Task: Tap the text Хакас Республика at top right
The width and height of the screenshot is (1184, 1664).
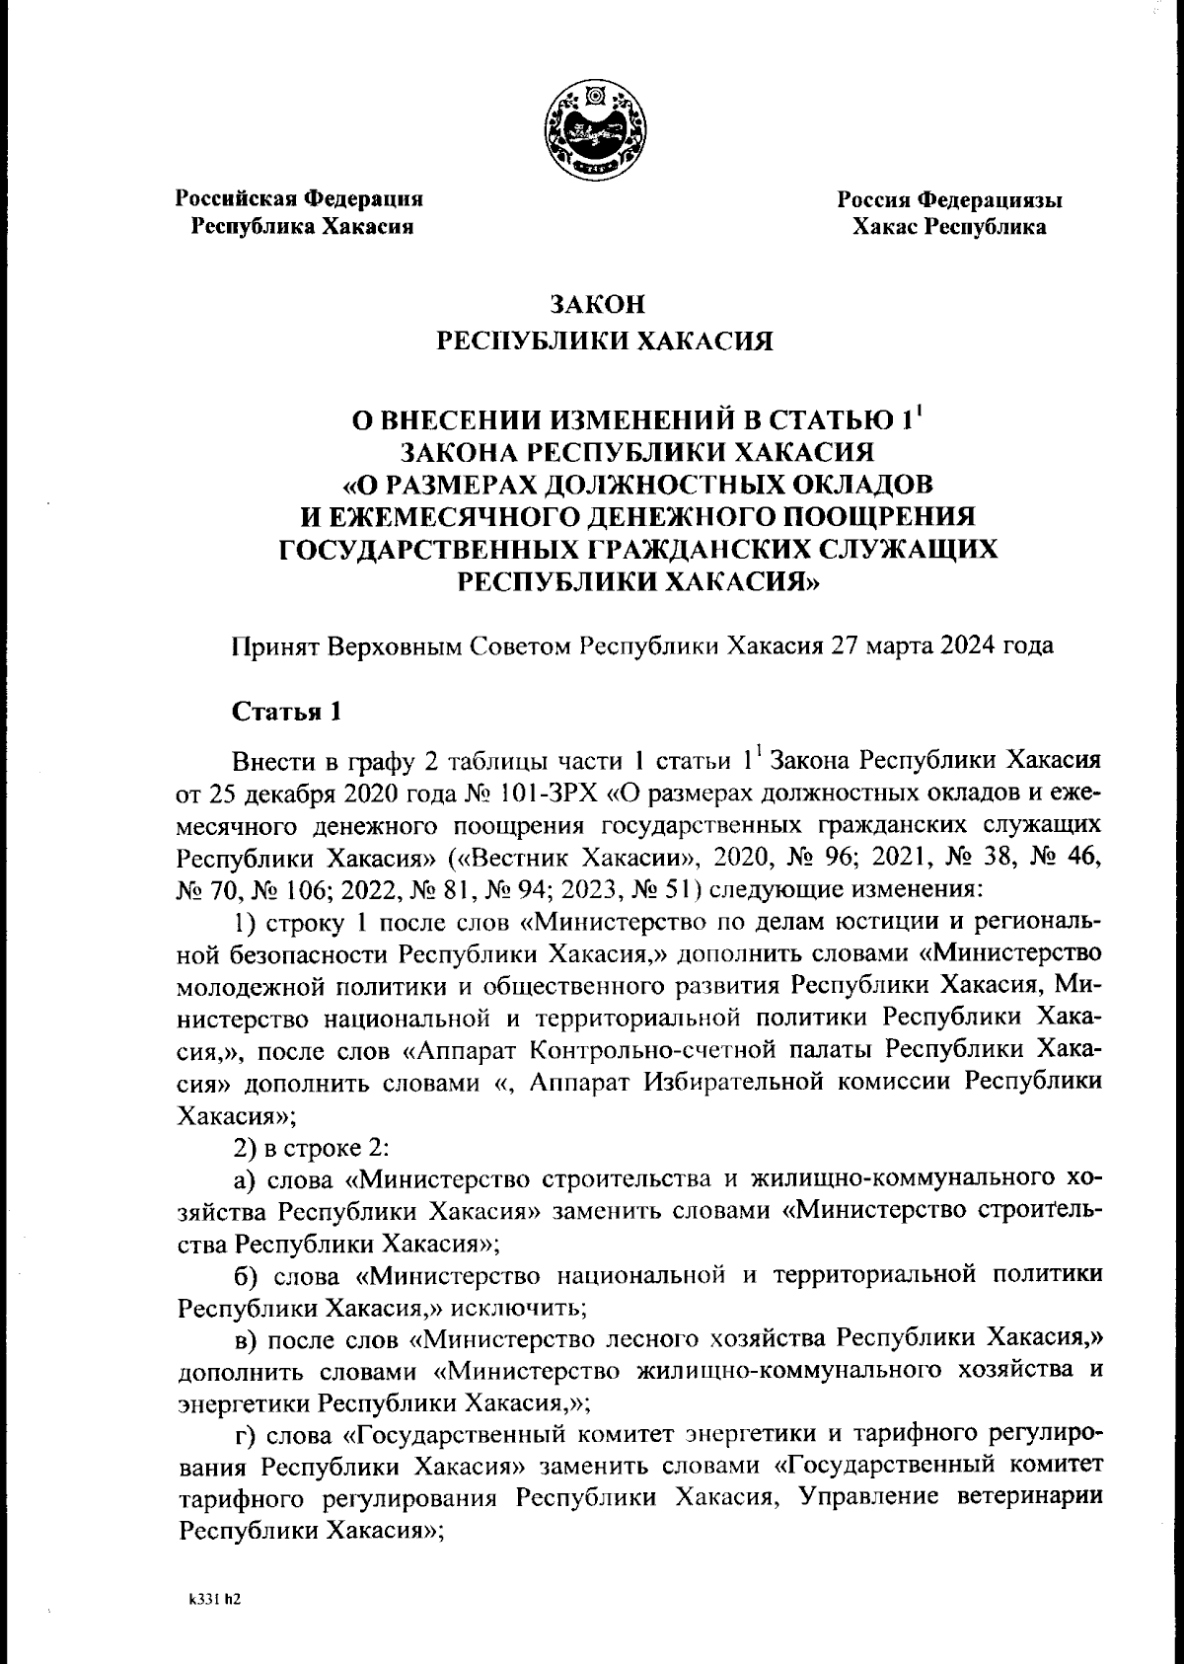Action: [x=950, y=228]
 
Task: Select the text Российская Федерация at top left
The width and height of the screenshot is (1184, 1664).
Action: [x=299, y=198]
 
